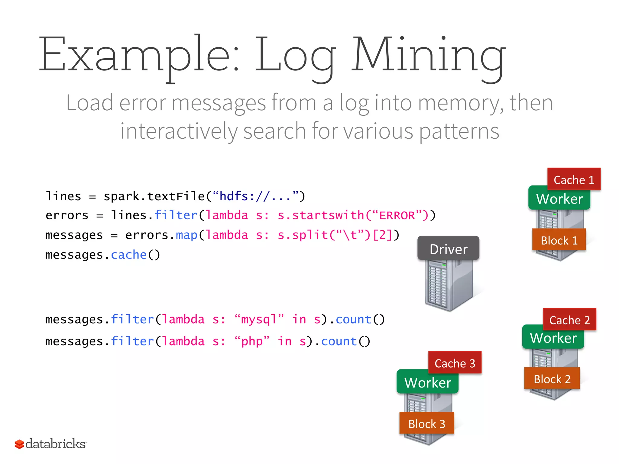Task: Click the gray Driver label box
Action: (x=448, y=248)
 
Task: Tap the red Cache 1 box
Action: (x=574, y=179)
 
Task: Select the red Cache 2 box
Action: (x=569, y=319)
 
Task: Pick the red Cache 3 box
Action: (x=455, y=362)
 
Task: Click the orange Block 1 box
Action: (x=559, y=240)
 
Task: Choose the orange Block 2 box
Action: (x=552, y=379)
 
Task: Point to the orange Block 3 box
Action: (x=426, y=423)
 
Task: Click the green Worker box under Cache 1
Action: (x=559, y=198)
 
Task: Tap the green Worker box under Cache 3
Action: (x=427, y=382)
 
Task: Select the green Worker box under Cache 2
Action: (x=553, y=337)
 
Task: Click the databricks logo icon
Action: (x=19, y=444)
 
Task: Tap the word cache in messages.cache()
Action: (x=129, y=255)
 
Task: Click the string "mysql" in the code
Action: (x=259, y=319)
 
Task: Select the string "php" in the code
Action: (x=252, y=341)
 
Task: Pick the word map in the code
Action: (x=186, y=235)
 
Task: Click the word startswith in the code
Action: (x=328, y=215)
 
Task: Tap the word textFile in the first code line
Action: (x=176, y=196)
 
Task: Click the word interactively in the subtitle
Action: (x=179, y=131)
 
